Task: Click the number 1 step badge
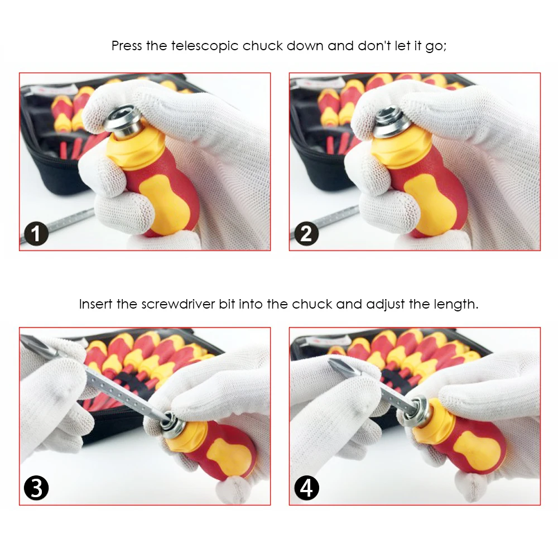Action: click(x=36, y=233)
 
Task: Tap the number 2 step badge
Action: click(x=306, y=233)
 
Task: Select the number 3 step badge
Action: click(x=36, y=488)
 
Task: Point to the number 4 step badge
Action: click(x=306, y=488)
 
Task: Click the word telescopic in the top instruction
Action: click(x=205, y=46)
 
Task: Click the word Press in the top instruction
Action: click(x=127, y=46)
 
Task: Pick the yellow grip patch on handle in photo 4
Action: click(x=477, y=450)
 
